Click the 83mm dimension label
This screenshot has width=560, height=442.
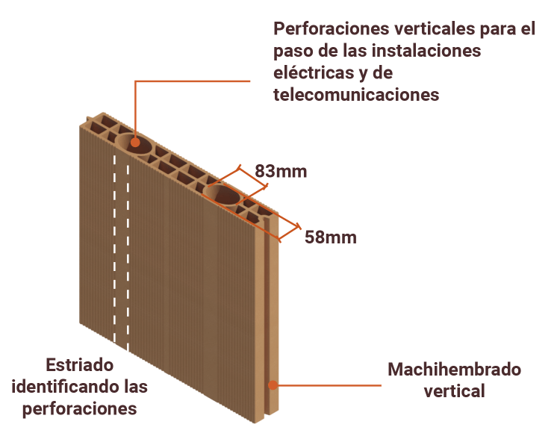pyautogui.click(x=281, y=171)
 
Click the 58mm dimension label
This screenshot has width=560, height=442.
pyautogui.click(x=330, y=238)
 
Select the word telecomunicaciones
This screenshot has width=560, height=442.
pyautogui.click(x=356, y=95)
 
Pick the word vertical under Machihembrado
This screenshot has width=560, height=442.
pyautogui.click(x=454, y=390)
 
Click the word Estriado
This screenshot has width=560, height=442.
pyautogui.click(x=78, y=366)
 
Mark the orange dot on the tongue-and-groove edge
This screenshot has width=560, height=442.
pyautogui.click(x=273, y=385)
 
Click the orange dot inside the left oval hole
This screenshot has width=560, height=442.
pyautogui.click(x=136, y=141)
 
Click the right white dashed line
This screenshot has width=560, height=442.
pyautogui.click(x=128, y=254)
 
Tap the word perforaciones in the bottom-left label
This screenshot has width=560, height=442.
pyautogui.click(x=79, y=409)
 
